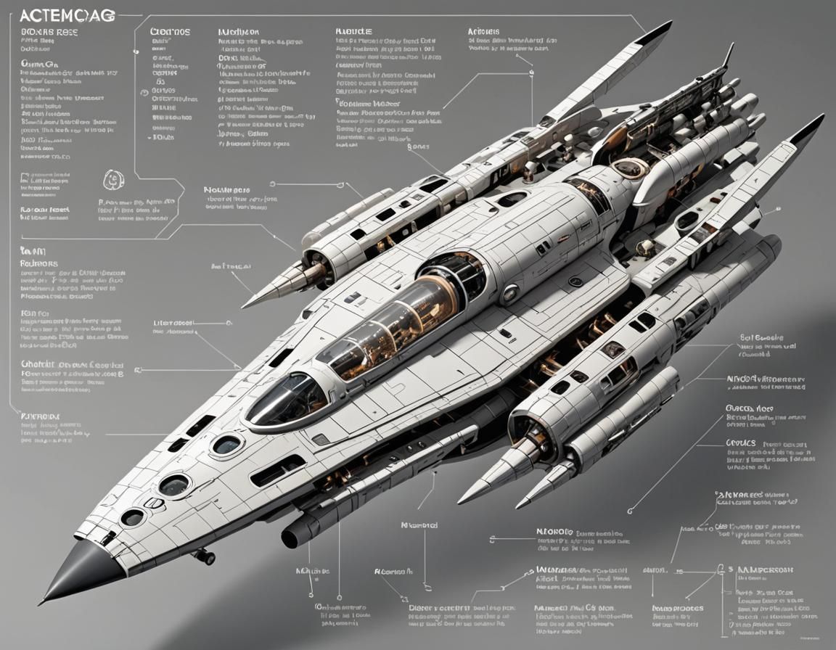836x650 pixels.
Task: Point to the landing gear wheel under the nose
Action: pyautogui.click(x=205, y=557)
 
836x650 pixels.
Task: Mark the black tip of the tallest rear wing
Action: pyautogui.click(x=657, y=31)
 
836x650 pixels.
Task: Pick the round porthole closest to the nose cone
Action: pyautogui.click(x=132, y=517)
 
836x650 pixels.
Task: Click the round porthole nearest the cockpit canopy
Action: pyautogui.click(x=226, y=445)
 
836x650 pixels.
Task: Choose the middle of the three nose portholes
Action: pyautogui.click(x=175, y=484)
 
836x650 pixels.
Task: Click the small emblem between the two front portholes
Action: pyautogui.click(x=154, y=503)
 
